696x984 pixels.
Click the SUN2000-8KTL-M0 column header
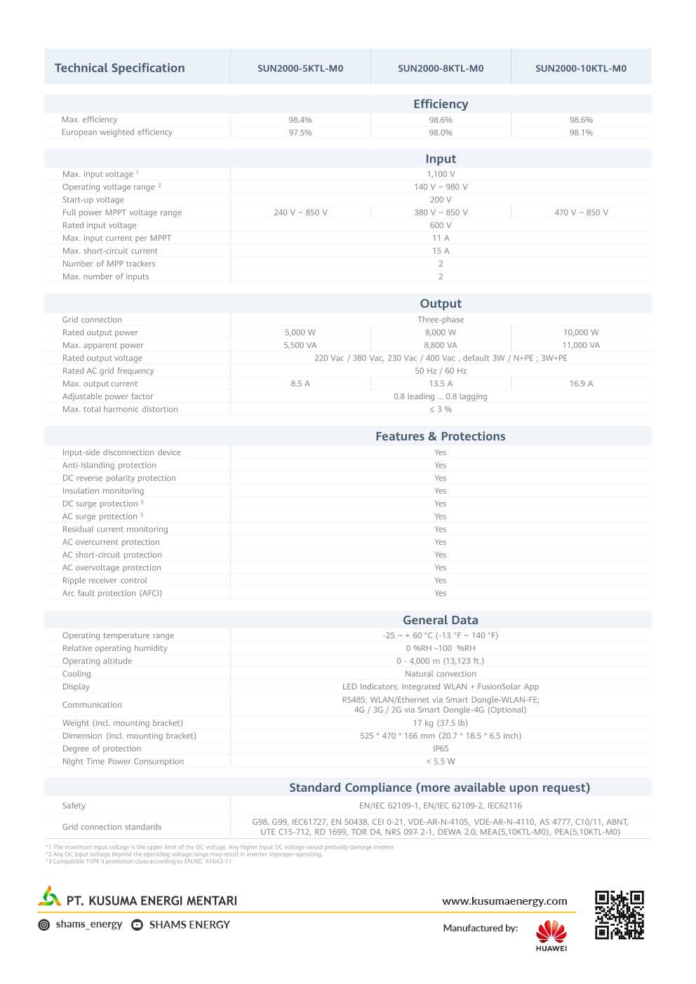[x=441, y=69]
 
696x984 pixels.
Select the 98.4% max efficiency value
[x=300, y=120]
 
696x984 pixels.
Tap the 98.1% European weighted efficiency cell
[x=581, y=133]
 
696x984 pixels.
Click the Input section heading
[x=441, y=159]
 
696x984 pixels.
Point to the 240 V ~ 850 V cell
[x=300, y=213]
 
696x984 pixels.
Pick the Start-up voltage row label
[x=93, y=200]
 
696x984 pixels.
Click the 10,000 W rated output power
[x=581, y=332]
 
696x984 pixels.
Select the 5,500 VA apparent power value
[x=300, y=345]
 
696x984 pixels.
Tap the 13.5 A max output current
[x=441, y=384]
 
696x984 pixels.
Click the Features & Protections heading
[x=441, y=436]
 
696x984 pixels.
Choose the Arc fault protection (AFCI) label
[x=112, y=593]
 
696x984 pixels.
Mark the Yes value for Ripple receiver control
[x=441, y=581]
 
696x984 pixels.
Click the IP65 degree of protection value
[x=441, y=749]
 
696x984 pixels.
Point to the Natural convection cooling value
[x=441, y=674]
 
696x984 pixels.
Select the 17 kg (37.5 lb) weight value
[x=441, y=723]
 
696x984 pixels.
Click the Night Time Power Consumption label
[x=123, y=762]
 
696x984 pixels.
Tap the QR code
[x=620, y=915]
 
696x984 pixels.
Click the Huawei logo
[x=551, y=935]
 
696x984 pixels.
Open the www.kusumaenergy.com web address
[x=504, y=901]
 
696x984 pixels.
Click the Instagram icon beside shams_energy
[x=44, y=925]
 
